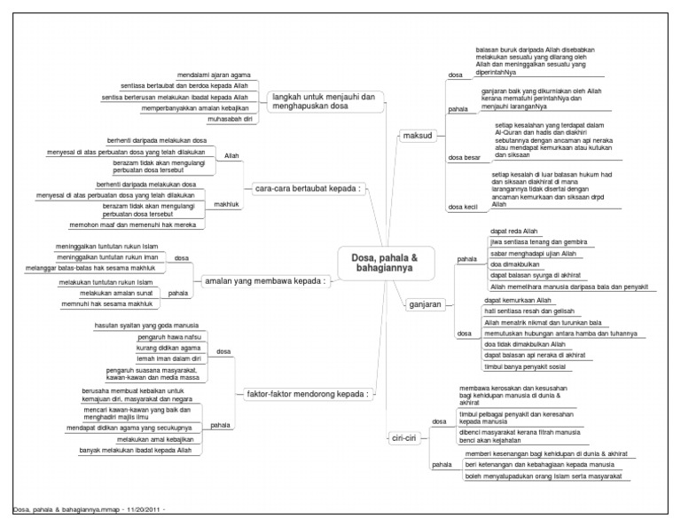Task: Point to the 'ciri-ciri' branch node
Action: click(x=403, y=437)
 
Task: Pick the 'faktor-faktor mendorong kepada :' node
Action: click(x=306, y=392)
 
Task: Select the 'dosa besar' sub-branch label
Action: click(x=466, y=159)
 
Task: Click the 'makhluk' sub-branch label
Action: click(x=228, y=205)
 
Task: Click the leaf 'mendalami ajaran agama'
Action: click(x=214, y=75)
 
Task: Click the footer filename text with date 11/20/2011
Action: click(x=90, y=510)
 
